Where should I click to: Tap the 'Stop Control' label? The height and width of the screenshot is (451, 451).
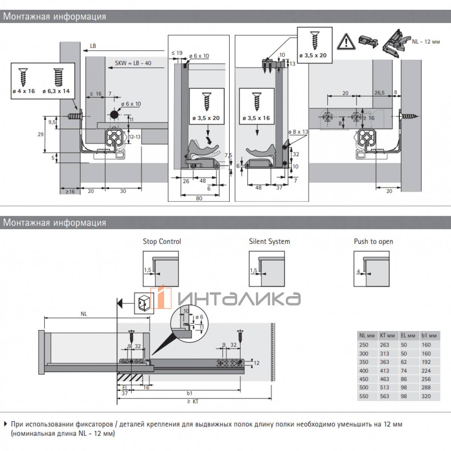(x=162, y=242)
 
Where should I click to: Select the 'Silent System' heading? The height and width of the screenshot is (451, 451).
(x=269, y=242)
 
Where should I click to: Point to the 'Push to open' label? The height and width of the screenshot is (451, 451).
(x=373, y=242)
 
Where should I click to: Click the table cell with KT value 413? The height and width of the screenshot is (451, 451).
(x=384, y=371)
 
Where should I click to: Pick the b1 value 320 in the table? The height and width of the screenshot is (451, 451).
(x=426, y=396)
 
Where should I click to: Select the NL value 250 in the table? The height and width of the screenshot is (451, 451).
(x=364, y=345)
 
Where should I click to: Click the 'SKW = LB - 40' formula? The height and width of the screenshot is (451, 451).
(x=133, y=63)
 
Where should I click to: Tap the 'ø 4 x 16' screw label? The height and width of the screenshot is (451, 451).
(x=23, y=91)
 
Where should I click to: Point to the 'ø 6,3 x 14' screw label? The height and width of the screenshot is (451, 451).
(x=56, y=91)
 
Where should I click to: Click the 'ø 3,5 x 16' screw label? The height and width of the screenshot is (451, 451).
(x=256, y=118)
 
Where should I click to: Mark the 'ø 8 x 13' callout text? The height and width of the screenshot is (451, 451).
(x=298, y=132)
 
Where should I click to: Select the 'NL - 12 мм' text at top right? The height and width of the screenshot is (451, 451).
(x=426, y=42)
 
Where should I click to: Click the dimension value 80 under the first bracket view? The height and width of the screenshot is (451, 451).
(x=199, y=198)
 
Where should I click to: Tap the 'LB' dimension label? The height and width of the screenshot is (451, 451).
(x=93, y=46)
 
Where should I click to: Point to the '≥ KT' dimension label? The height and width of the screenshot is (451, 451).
(x=193, y=401)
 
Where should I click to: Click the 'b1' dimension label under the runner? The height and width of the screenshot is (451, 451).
(x=190, y=393)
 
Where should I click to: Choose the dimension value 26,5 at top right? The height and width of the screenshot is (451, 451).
(x=379, y=93)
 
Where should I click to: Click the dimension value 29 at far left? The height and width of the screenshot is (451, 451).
(x=41, y=134)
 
